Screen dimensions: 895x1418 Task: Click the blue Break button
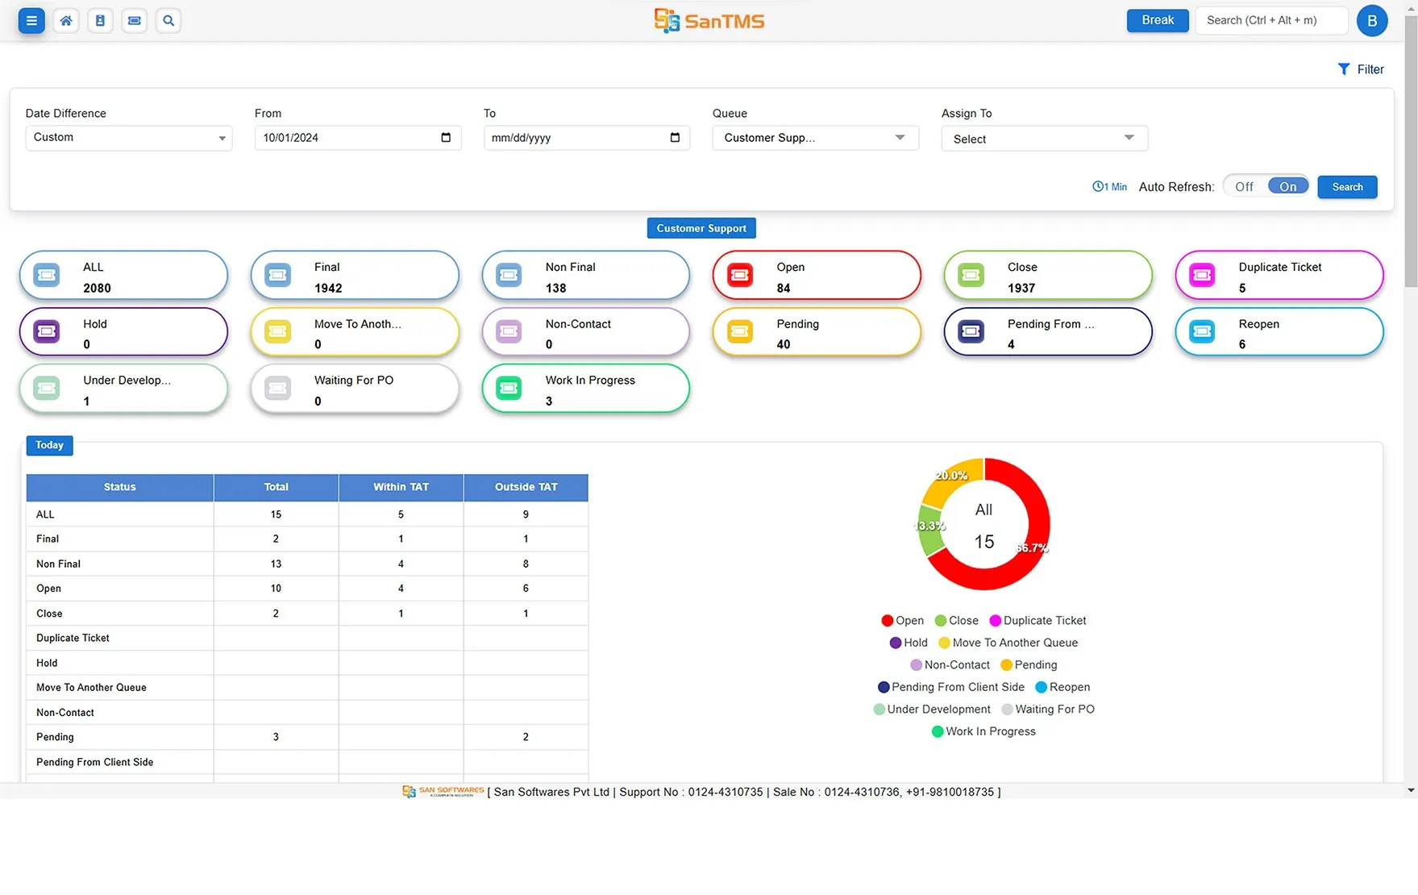[1157, 20]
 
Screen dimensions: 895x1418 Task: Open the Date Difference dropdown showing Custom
[128, 138]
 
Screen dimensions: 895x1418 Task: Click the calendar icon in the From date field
[446, 137]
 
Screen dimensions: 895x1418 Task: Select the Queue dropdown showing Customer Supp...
[814, 138]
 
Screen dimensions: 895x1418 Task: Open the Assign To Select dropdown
[1043, 139]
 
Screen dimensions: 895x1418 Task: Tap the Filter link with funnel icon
[1361, 69]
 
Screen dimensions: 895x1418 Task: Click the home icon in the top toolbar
[66, 21]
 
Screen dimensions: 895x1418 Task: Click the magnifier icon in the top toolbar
[168, 21]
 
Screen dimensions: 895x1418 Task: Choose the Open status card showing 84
[816, 276]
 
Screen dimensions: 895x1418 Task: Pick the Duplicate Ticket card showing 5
[1279, 276]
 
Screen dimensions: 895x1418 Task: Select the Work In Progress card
[585, 389]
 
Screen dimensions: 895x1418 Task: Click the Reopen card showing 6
[1279, 332]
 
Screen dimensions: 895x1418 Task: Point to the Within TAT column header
[401, 487]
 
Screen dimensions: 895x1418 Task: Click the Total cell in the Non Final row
[276, 564]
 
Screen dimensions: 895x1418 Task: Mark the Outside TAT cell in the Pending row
[526, 737]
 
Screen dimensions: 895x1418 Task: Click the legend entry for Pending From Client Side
[951, 687]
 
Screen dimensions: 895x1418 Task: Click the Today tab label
[49, 445]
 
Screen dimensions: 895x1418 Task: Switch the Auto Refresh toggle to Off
[1244, 187]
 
